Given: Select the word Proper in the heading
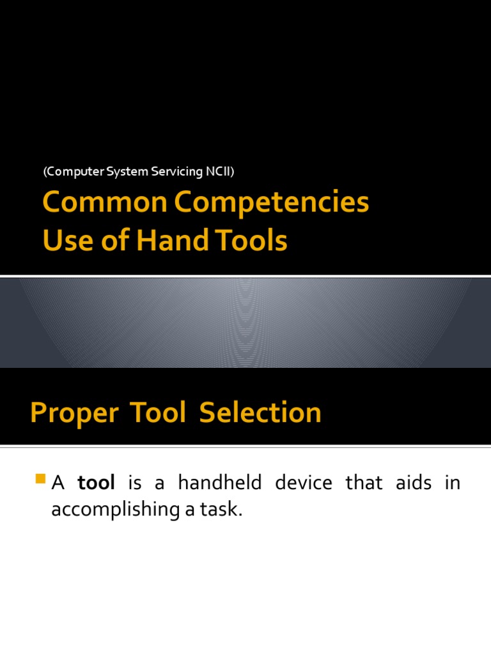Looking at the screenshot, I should [74, 413].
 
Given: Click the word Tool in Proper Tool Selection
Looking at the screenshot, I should [159, 413].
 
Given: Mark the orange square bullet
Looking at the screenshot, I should [42, 478].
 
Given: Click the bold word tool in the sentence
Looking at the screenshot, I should [96, 483].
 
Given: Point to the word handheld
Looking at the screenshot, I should [220, 483].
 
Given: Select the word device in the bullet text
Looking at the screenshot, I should [304, 483].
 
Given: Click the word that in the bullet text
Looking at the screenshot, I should [364, 483].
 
